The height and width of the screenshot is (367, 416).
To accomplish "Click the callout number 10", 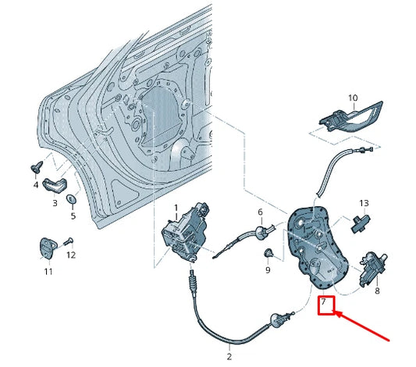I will [x=352, y=98].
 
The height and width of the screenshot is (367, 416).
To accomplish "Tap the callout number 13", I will [x=363, y=203].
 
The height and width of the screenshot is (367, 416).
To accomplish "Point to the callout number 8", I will [x=377, y=290].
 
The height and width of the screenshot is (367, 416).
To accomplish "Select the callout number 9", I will [x=267, y=270].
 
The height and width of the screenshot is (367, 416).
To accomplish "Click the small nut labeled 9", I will [x=268, y=253].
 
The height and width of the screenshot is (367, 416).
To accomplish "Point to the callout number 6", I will [x=261, y=212].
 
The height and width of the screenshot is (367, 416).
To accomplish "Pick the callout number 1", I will [x=176, y=207].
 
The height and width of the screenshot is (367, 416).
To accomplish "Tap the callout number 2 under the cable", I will [x=229, y=357].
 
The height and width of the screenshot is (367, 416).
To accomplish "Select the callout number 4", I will [x=35, y=186].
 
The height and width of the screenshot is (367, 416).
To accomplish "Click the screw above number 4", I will [x=36, y=168].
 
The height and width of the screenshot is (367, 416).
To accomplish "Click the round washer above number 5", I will [x=73, y=199].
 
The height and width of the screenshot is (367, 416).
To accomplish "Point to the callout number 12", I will [x=71, y=255].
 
